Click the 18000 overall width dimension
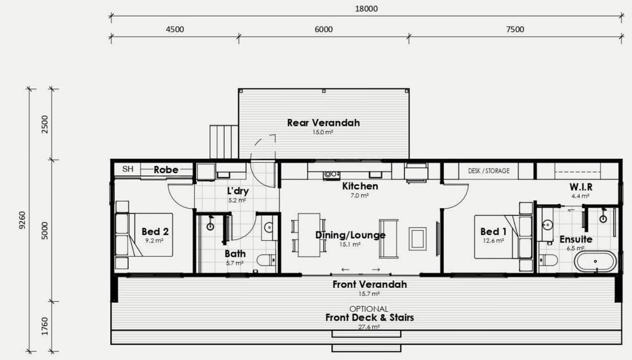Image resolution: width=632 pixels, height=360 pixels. click(366, 9)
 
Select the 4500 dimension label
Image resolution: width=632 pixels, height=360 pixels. click(175, 29)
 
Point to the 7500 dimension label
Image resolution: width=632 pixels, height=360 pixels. click(515, 29)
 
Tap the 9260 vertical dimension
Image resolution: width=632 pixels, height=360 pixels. click(23, 220)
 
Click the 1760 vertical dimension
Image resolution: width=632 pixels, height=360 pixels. click(45, 326)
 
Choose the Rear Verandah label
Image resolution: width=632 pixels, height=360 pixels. click(323, 123)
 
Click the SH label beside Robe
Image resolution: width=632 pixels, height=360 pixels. click(128, 169)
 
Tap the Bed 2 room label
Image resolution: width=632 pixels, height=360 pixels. click(155, 231)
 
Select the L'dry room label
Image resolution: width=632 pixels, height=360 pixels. click(238, 191)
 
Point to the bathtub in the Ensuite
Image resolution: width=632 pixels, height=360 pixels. click(595, 262)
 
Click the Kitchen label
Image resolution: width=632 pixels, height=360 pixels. click(360, 186)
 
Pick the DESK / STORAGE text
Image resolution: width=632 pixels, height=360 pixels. click(488, 171)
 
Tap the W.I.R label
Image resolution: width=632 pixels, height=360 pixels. click(581, 187)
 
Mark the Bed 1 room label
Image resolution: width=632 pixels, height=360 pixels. click(493, 231)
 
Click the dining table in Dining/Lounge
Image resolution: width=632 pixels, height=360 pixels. click(309, 235)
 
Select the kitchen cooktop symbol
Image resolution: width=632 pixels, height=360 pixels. click(331, 175)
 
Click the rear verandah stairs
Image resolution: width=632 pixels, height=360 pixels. click(224, 142)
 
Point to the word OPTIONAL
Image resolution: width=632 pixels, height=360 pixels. click(369, 309)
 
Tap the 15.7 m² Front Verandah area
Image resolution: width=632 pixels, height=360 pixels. click(369, 294)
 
